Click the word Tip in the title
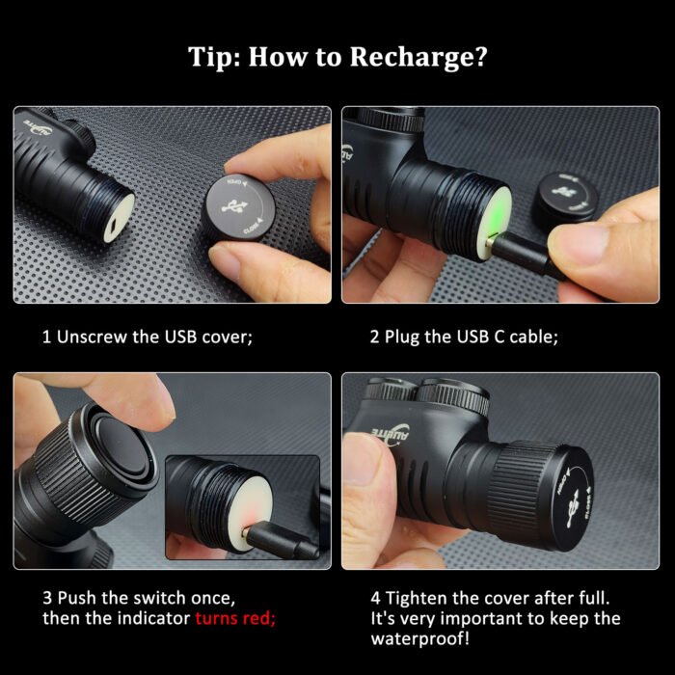click(211, 57)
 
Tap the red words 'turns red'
click(234, 618)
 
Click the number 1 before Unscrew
click(46, 337)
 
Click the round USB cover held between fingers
click(237, 205)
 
